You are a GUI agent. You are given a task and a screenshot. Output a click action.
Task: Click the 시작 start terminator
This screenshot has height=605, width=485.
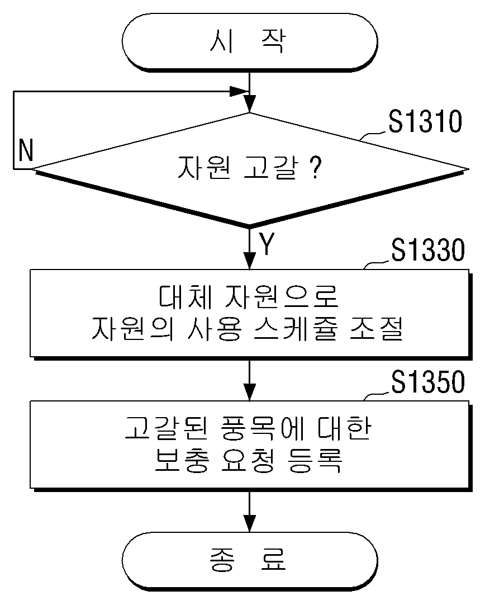[250, 42]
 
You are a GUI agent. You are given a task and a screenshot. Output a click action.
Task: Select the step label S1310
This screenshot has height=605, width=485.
[425, 121]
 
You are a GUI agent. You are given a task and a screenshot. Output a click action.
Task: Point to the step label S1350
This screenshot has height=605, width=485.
[429, 382]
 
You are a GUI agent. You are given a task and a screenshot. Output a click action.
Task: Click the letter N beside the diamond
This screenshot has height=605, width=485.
[26, 150]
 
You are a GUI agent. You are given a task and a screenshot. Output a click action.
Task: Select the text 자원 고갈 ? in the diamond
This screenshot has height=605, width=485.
[249, 167]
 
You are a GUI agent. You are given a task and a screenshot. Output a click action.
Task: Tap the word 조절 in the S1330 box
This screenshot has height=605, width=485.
[376, 329]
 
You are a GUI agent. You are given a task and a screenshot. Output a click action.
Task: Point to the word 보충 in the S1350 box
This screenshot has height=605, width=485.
[182, 460]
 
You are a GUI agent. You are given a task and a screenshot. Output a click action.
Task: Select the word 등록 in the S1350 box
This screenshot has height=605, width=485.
[315, 460]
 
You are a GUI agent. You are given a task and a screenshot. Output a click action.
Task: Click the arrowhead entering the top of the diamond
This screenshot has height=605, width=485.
[250, 105]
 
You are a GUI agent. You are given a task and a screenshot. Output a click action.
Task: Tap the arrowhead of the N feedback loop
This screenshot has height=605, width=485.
[239, 92]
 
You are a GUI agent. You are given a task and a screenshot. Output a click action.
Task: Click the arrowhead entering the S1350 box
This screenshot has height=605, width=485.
[250, 393]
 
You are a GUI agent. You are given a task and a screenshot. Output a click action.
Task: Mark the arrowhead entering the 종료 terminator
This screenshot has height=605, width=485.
[250, 523]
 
